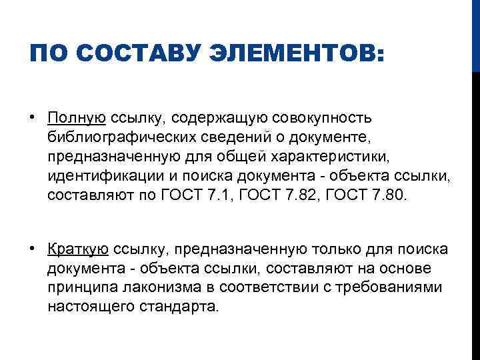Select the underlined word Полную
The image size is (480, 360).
point(77,119)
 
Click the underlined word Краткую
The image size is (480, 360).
point(78,249)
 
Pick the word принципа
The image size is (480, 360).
point(74,288)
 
